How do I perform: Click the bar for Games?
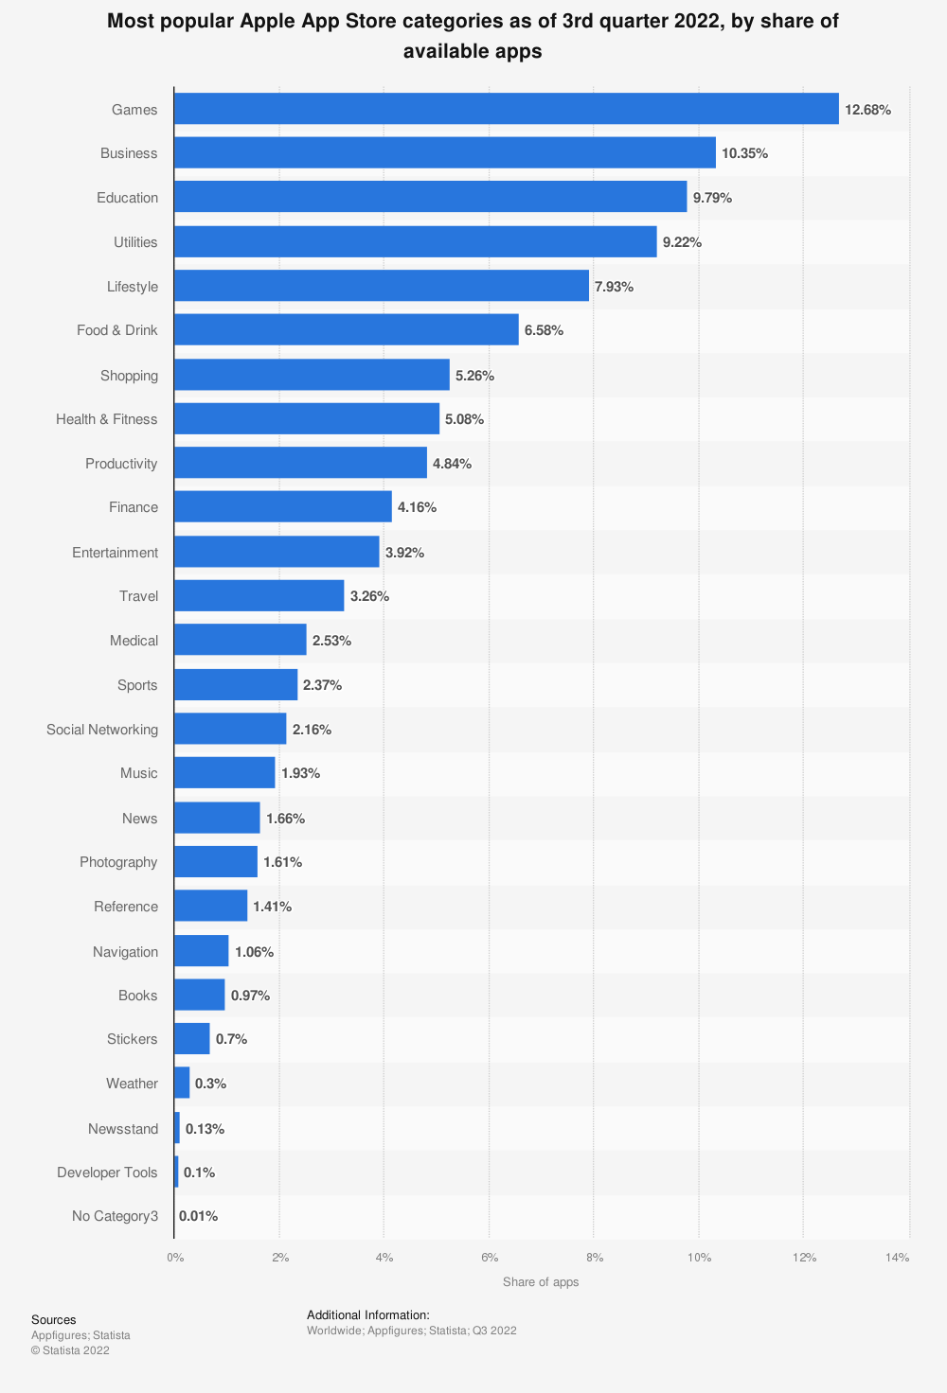point(506,109)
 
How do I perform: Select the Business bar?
point(444,153)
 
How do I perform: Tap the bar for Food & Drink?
point(346,330)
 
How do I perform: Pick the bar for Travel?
point(259,596)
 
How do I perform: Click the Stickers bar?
point(191,1039)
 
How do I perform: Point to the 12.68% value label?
point(867,110)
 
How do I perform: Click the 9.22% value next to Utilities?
point(682,242)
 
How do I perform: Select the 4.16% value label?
point(417,507)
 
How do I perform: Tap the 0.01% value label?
point(198,1216)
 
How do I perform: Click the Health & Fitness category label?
point(106,419)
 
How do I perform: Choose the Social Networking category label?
point(102,730)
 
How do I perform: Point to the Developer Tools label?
point(107,1173)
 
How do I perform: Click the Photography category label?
point(118,862)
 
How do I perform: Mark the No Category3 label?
point(115,1216)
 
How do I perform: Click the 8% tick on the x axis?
point(594,1258)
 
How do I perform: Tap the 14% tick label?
point(897,1258)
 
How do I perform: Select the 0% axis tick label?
point(175,1258)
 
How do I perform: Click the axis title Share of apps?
point(541,1282)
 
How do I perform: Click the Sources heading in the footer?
point(53,1320)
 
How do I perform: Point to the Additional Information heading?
point(367,1314)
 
